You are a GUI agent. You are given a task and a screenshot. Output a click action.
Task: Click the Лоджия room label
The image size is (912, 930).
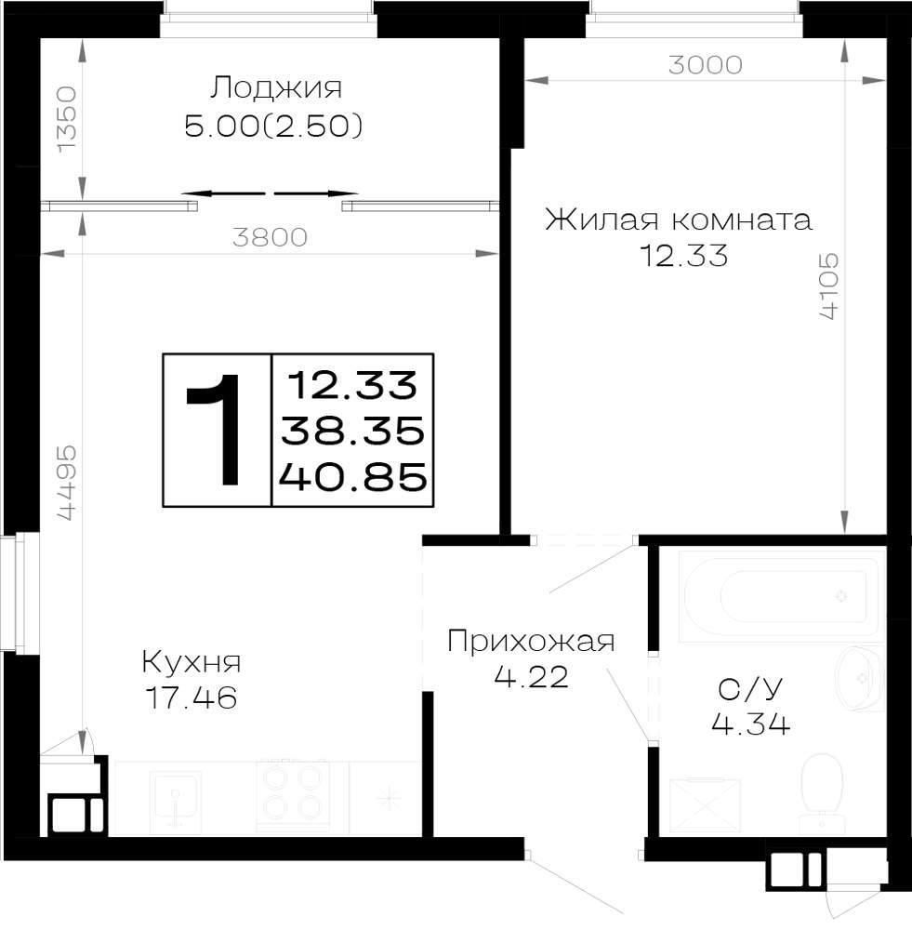click(276, 87)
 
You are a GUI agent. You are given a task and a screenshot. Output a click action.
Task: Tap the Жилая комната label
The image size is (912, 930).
click(679, 219)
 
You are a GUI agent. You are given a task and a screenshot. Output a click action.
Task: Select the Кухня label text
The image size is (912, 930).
click(192, 662)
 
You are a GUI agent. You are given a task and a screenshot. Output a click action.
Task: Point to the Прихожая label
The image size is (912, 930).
click(532, 642)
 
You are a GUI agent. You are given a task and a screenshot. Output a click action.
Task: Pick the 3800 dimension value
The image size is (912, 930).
click(270, 237)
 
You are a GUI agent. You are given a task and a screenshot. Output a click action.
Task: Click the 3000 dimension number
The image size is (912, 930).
click(705, 65)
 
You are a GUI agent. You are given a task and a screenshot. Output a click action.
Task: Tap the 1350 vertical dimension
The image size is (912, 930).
click(67, 119)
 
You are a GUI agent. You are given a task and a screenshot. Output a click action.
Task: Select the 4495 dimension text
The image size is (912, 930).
click(67, 483)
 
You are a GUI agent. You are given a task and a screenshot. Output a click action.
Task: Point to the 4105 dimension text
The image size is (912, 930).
click(829, 286)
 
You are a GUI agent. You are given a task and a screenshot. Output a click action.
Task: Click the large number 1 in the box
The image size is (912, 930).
click(216, 430)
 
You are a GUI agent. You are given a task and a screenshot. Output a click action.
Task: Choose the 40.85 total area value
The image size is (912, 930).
click(353, 477)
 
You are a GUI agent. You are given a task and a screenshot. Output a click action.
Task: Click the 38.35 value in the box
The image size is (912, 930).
click(353, 431)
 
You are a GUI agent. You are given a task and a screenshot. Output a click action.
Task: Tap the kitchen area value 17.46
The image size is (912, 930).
click(192, 697)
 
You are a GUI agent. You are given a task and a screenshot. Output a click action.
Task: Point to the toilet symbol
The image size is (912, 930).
click(822, 791)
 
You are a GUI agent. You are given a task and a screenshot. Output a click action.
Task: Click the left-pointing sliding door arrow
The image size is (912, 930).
click(223, 193)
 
